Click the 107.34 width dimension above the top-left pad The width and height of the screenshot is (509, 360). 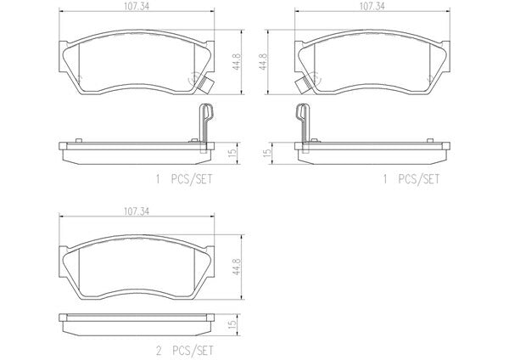[x=137, y=7]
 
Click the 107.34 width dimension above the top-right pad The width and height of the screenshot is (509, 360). [x=372, y=7]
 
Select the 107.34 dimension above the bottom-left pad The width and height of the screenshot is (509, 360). [x=137, y=211]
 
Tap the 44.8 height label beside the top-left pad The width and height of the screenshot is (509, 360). [x=237, y=62]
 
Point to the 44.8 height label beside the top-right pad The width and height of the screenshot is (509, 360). [x=263, y=62]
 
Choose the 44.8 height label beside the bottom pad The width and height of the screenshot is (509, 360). [x=237, y=267]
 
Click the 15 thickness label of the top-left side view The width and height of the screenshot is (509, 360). [x=232, y=153]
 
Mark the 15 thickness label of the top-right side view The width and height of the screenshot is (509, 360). [x=266, y=153]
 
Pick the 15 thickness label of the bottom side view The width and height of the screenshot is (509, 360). [x=232, y=324]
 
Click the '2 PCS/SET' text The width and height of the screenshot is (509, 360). [x=185, y=351]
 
